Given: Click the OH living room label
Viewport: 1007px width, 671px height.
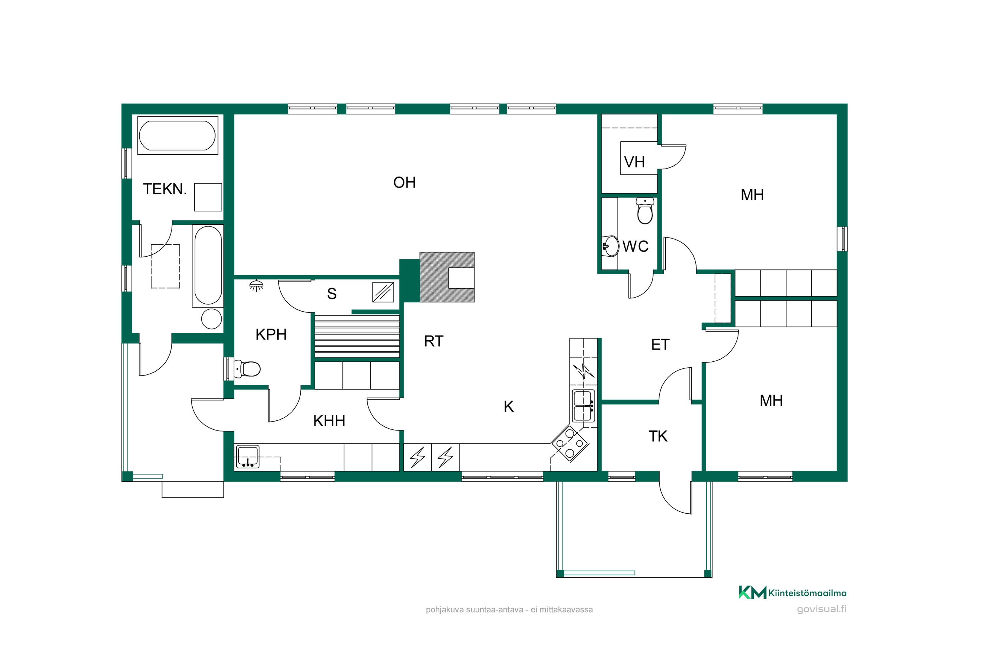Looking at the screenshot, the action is click(404, 183).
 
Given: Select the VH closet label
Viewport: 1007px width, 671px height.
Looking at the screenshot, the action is click(634, 162).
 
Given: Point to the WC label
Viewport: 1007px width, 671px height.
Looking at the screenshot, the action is click(635, 247).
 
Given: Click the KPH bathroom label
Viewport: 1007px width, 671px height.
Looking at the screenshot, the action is click(271, 334).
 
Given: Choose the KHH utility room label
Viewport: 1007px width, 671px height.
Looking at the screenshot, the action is click(329, 421).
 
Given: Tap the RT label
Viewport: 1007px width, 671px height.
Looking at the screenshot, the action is click(434, 342).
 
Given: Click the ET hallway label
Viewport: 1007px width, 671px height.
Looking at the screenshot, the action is click(660, 345).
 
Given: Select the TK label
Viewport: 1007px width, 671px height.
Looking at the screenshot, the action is click(658, 436).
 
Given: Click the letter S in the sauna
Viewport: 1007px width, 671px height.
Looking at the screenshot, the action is click(332, 294).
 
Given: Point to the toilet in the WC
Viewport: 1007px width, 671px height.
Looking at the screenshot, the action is click(645, 211).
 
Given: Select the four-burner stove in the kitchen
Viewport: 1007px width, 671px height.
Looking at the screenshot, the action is click(570, 443).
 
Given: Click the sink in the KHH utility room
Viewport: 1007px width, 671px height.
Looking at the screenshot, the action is click(247, 457).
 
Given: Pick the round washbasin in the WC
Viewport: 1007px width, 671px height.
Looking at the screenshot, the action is click(610, 246).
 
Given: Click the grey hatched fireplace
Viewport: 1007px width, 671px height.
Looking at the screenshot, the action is click(447, 277).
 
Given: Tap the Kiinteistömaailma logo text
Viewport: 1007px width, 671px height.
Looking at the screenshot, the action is click(807, 593).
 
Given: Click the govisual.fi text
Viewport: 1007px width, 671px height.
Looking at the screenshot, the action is click(822, 609).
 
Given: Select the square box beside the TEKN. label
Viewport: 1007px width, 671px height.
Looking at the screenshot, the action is click(208, 197).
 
